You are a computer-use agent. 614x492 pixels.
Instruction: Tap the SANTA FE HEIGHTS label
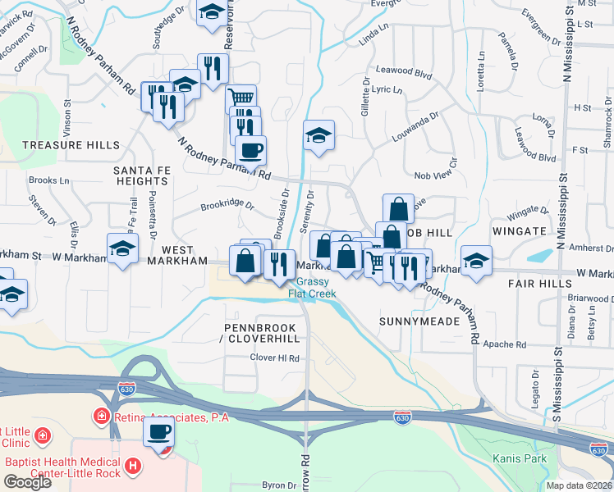click(141, 175)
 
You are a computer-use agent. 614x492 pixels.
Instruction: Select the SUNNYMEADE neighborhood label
click(419, 322)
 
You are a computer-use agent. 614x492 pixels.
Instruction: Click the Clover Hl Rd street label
click(275, 358)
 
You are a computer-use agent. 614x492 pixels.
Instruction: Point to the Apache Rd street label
click(504, 344)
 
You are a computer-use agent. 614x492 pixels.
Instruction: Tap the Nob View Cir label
click(434, 175)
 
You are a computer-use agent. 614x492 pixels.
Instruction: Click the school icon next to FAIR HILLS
click(476, 260)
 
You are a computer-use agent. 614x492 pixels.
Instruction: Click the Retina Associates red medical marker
click(102, 417)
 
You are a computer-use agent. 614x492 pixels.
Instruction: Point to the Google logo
click(27, 482)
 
